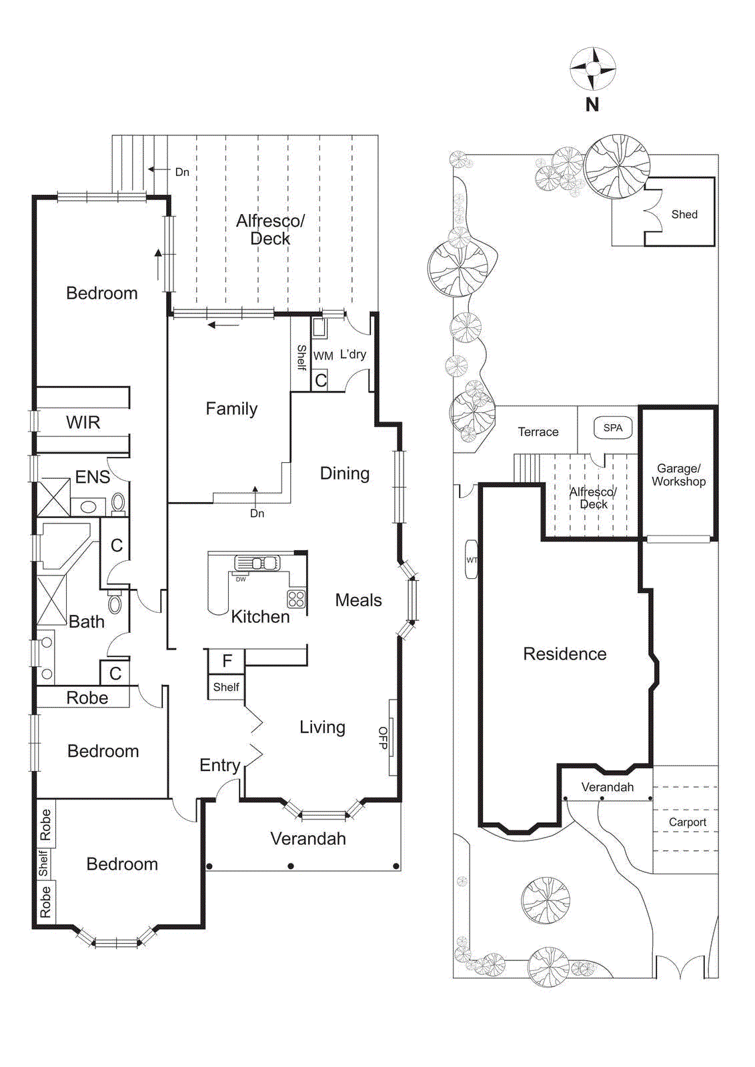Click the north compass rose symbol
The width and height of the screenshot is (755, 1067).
[x=592, y=69]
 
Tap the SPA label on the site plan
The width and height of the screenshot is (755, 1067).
[x=612, y=428]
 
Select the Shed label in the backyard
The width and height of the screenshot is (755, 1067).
[x=684, y=214]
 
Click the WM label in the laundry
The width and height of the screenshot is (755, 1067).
[x=323, y=356]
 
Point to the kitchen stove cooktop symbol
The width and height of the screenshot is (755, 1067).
[x=296, y=598]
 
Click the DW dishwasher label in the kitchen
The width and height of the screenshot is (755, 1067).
[x=241, y=580]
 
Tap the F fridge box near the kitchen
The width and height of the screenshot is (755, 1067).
[x=227, y=661]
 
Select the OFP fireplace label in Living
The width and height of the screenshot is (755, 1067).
[x=383, y=738]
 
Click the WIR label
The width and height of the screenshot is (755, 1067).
[x=83, y=422]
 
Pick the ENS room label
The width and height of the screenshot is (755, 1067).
[x=92, y=477]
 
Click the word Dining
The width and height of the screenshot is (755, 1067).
[x=344, y=473]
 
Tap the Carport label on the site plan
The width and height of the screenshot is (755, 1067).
[x=687, y=822]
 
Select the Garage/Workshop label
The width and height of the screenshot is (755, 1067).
[x=678, y=475]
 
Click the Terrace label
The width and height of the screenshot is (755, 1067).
[x=538, y=432]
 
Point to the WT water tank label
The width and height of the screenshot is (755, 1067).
[x=472, y=560]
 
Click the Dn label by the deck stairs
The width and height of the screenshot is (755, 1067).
[x=182, y=172]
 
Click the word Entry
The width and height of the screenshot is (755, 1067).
[x=219, y=765]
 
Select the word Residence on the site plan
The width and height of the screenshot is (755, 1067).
[x=564, y=654]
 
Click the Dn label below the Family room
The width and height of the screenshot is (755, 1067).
[x=257, y=513]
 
